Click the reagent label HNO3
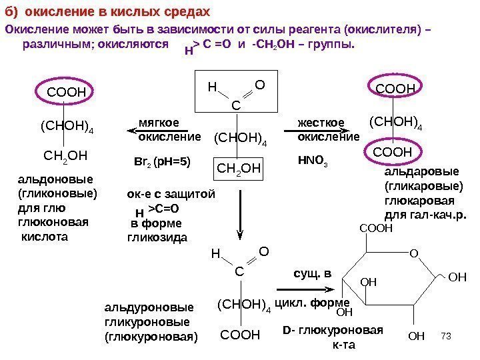pos(311,161)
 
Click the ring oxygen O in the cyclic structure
pos(412,253)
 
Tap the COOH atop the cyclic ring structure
pos(377,228)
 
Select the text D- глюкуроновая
pos(333,331)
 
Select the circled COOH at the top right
pos(395,89)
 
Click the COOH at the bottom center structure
pos(240,334)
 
